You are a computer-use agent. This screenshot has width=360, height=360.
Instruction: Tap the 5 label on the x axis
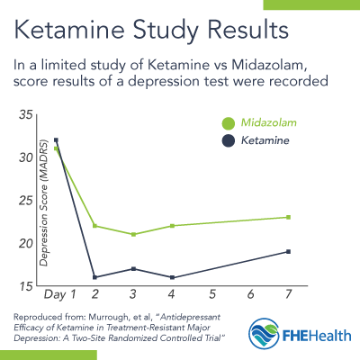click(211, 294)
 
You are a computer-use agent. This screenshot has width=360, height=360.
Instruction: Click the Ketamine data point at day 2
click(94, 277)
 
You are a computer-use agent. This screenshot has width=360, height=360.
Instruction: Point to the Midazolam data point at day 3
click(133, 234)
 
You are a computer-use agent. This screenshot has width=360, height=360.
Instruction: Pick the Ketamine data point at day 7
click(288, 251)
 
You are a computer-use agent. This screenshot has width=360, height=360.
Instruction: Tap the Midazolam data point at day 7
click(288, 217)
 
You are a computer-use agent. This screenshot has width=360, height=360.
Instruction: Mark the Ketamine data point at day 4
click(172, 277)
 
